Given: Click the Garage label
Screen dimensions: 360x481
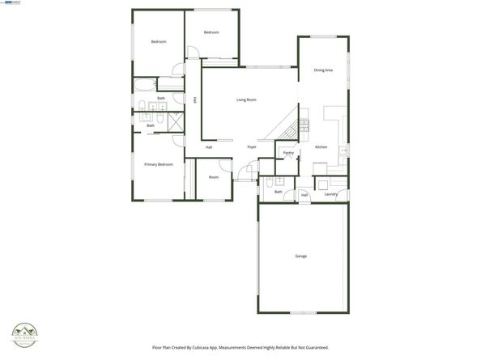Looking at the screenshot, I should pos(300,256).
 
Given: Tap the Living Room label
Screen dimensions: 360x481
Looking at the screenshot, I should pos(246,100).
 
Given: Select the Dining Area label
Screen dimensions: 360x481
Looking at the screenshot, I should pos(323,71).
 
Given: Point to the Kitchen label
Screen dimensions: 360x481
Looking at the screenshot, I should pos(321,146).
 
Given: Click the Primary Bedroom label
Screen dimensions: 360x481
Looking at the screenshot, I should pos(159,164).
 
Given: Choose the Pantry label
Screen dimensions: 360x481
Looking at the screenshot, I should pos(288,152).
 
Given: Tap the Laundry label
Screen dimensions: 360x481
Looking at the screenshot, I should pos(330,194).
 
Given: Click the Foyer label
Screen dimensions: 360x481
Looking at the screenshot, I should pos(252,146).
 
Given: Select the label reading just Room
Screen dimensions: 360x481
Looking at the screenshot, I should pos(214,177).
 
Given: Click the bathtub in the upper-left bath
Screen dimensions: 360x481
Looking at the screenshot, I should pos(143,85).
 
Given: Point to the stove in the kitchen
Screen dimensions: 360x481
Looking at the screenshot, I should pos(304,125).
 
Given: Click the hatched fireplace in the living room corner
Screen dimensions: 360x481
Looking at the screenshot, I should pos(286,126).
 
